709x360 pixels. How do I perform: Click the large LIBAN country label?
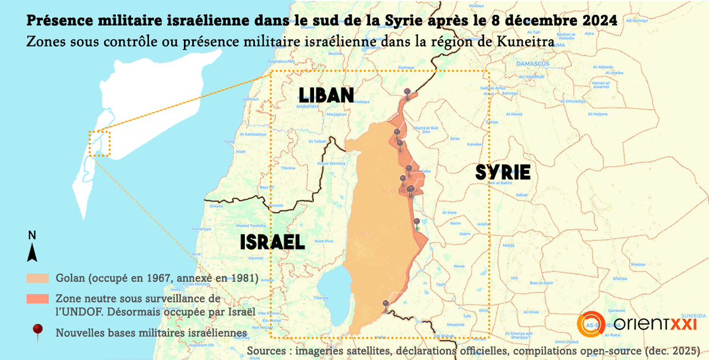[326, 95]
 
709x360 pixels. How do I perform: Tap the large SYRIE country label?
[503, 173]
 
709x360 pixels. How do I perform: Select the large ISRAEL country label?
[272, 242]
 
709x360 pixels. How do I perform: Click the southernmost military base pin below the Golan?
[386, 304]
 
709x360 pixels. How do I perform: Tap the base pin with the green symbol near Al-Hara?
[416, 222]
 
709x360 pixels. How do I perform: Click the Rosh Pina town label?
[325, 241]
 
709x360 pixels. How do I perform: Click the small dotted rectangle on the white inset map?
[99, 143]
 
